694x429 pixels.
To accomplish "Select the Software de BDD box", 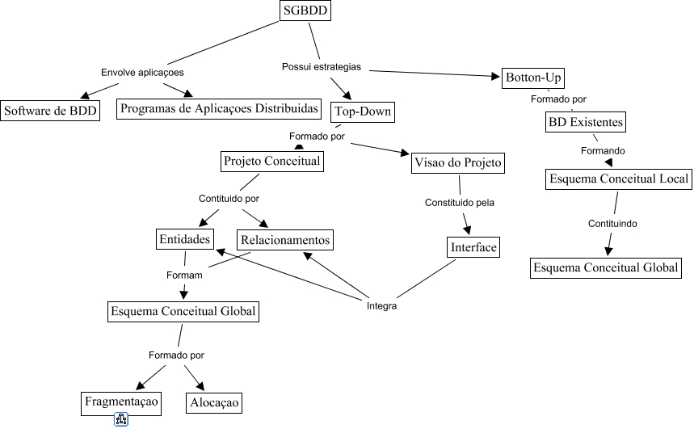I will coord(50,111).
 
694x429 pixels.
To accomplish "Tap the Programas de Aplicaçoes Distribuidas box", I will coord(219,108).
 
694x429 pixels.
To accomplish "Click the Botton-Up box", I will coord(532,78).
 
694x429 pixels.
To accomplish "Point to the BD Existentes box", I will coord(585,123).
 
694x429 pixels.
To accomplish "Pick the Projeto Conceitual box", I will coord(272,162).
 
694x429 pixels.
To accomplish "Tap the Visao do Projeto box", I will coord(458,162).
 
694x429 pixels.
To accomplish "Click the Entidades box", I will coord(185,239).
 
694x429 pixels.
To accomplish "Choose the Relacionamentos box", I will coord(284,240).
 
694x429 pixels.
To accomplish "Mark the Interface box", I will coord(473,247).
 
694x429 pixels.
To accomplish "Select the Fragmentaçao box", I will coord(122,401).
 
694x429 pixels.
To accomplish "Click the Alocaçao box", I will coord(214,402).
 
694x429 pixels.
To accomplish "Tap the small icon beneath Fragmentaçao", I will coord(121,419).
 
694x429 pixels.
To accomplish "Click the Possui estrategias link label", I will coord(321,66).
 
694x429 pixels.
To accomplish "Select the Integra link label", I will coord(381,306).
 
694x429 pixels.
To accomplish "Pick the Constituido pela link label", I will coord(460,202).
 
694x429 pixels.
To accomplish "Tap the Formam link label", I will coord(183,275).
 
